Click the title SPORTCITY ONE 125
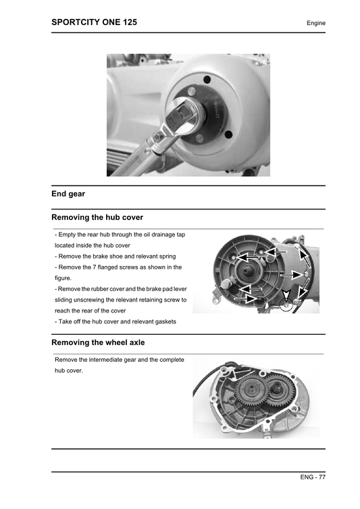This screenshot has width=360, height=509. click(x=95, y=22)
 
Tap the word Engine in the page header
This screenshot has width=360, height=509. click(x=315, y=23)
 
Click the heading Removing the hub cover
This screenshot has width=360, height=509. click(x=97, y=217)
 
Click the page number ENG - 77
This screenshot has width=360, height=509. click(x=313, y=477)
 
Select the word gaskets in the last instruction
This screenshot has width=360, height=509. click(x=163, y=321)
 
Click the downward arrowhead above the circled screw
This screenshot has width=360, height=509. click(x=287, y=296)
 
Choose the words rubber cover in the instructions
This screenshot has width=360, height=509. click(x=103, y=288)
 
